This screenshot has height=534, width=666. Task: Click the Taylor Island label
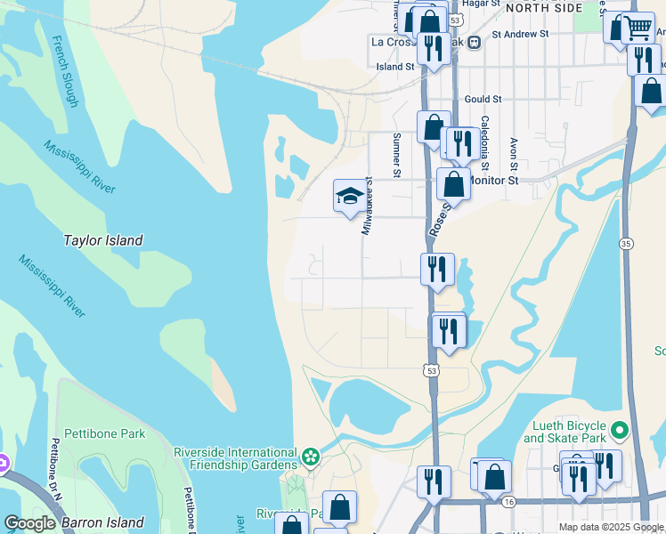click(x=103, y=240)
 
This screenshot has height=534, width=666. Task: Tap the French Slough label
click(x=65, y=71)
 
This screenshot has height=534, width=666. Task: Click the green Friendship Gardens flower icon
click(x=310, y=457)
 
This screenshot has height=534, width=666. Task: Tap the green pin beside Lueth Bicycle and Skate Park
click(x=621, y=432)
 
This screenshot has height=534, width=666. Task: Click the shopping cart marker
click(x=638, y=28)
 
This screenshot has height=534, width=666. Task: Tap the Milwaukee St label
click(x=366, y=206)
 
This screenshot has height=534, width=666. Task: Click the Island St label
click(x=395, y=66)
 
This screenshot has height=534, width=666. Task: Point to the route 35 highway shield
click(x=627, y=244)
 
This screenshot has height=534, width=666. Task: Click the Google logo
click(x=30, y=523)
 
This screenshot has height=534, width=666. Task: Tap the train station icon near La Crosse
click(x=475, y=41)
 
